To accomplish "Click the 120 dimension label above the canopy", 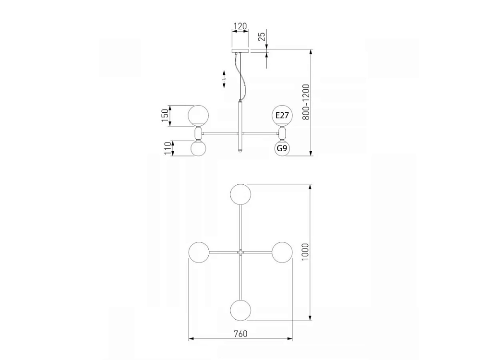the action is tap(240, 26).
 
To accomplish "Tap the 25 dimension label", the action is tap(262, 37).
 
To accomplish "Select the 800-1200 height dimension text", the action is tap(306, 102).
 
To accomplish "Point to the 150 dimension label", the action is tap(165, 115).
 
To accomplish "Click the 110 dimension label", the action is tap(168, 148).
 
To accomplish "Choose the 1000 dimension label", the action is tap(305, 252).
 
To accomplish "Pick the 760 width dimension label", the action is tap(240, 334).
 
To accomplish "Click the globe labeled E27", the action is tap(282, 115).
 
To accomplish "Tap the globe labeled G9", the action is tap(282, 148).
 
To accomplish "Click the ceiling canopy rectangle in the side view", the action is tap(240, 50).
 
